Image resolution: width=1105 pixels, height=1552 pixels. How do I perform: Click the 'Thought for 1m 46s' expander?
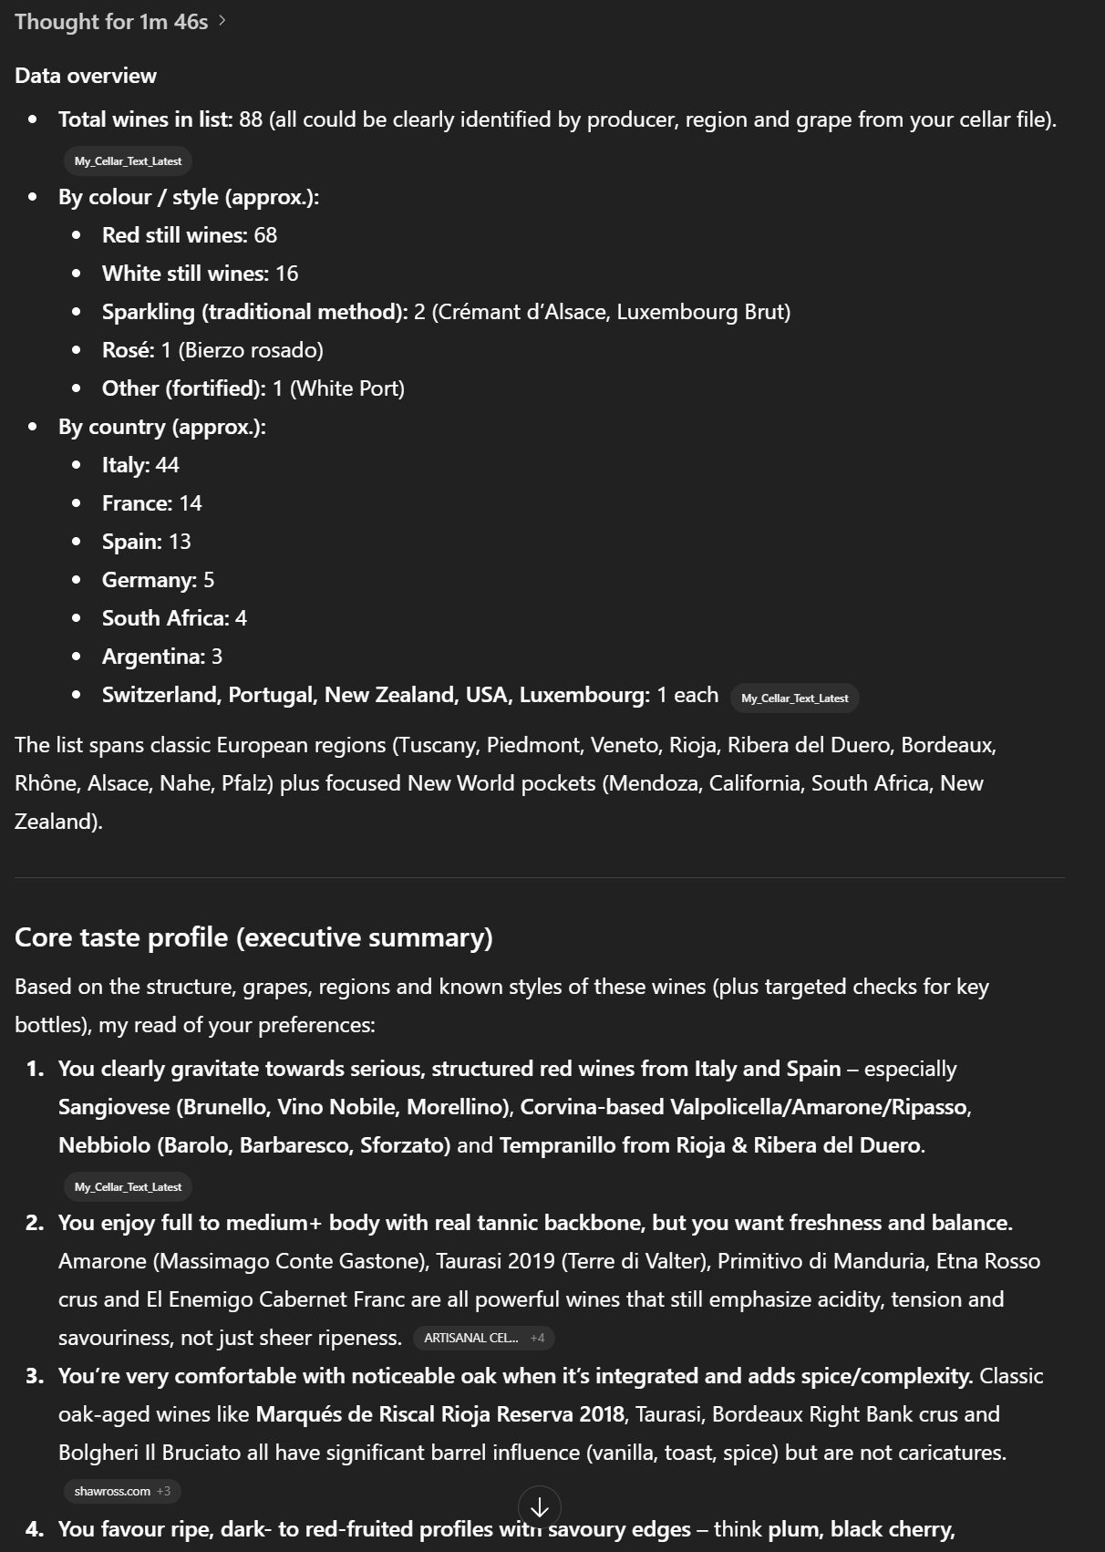[119, 22]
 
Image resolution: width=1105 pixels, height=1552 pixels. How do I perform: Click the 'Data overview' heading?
[86, 76]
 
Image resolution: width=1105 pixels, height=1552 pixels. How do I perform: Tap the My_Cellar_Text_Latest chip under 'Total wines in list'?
[128, 161]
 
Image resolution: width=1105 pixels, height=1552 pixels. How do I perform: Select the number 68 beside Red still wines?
[265, 235]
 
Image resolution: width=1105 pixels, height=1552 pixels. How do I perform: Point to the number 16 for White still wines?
[287, 274]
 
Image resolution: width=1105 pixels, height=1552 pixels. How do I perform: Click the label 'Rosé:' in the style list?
[128, 350]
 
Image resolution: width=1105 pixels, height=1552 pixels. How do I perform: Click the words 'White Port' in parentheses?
[346, 388]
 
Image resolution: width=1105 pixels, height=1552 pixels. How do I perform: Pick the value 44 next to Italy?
[168, 465]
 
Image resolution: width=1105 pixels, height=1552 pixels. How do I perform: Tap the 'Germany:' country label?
[149, 580]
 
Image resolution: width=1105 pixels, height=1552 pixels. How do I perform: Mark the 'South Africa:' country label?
[165, 618]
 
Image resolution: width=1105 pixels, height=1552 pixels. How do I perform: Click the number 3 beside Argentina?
[217, 657]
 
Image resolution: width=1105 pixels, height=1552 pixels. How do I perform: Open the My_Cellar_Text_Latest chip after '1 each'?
[794, 698]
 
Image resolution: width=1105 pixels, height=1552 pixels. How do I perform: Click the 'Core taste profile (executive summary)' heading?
[253, 937]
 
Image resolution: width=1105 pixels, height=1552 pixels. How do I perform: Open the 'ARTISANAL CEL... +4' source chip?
[484, 1338]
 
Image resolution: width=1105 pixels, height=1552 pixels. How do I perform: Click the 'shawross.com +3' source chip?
[122, 1491]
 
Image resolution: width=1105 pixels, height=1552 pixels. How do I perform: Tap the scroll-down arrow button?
[539, 1507]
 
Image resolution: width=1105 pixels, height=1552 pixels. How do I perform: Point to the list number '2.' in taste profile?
[36, 1223]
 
